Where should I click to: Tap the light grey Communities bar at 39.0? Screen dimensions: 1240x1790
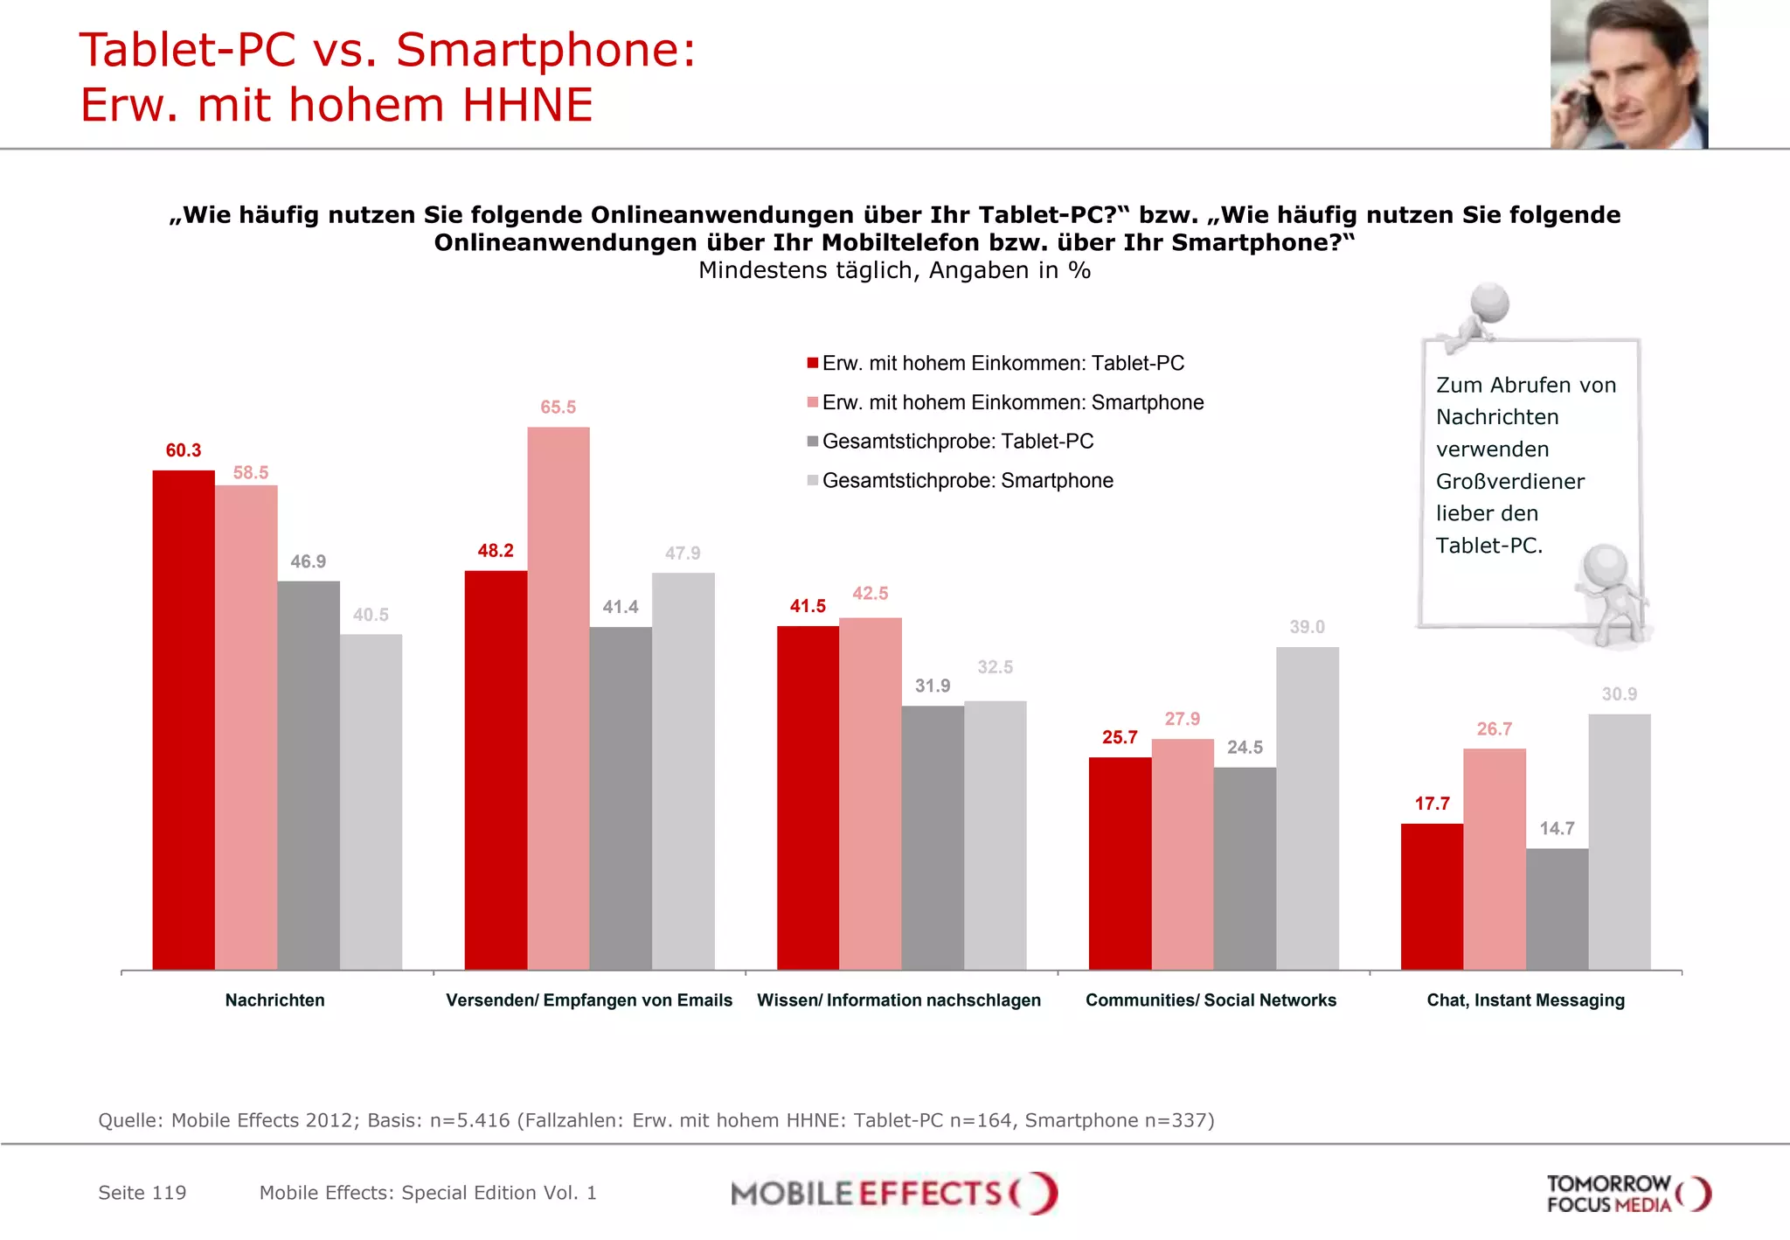pos(1307,808)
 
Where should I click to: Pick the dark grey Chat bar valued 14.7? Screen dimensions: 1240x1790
pos(1557,909)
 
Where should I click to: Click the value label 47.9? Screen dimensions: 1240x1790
pos(683,554)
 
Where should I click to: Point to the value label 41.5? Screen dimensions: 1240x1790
pos(808,606)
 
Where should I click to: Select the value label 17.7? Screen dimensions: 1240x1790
pos(1432,804)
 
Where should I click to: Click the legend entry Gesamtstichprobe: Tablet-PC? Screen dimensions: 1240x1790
pos(957,442)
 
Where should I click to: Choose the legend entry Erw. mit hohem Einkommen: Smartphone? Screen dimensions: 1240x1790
pos(1012,402)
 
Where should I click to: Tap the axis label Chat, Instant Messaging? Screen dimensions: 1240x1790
pos(1525,1000)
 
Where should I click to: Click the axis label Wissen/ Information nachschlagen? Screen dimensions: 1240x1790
pos(898,1000)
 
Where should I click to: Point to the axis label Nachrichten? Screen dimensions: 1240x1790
pos(274,1000)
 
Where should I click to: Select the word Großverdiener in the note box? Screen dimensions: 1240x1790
pos(1509,482)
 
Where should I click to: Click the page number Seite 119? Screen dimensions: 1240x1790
pos(142,1193)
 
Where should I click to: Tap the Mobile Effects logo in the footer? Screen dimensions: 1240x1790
pos(893,1194)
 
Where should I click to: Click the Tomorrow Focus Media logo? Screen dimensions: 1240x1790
pos(1627,1194)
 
